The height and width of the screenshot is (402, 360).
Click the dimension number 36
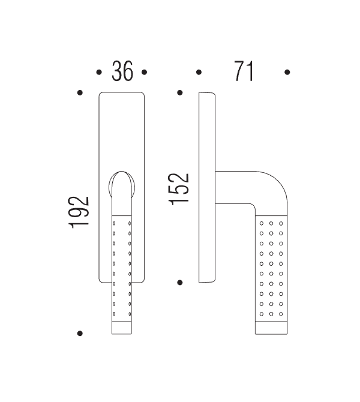[x=122, y=72]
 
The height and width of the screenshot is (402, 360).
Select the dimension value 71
[x=244, y=72]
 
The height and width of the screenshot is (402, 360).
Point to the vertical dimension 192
[x=79, y=211]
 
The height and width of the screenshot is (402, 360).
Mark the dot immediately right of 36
[x=144, y=72]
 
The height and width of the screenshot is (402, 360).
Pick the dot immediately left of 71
[x=199, y=72]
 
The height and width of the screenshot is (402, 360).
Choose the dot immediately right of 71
[x=287, y=72]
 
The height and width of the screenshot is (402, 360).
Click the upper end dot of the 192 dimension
[x=80, y=93]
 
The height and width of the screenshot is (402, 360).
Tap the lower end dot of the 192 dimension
[x=80, y=333]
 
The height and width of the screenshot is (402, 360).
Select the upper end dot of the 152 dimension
[x=179, y=93]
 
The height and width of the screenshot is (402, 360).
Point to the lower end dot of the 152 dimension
[x=179, y=281]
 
